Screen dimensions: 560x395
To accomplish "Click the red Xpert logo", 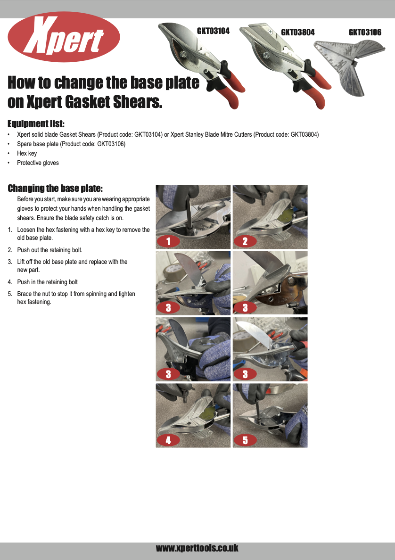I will point(64,37).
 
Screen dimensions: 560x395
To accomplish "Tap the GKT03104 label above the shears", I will point(213,31).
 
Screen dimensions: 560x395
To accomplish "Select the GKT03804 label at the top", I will point(297,32).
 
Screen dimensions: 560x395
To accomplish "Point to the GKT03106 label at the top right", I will point(365,32).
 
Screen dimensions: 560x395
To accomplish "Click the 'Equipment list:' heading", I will point(36,124).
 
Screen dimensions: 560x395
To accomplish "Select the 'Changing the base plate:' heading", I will point(55,189).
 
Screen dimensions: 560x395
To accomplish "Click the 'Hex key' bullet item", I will point(27,153).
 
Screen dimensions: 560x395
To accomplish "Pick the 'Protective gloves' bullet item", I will point(38,163).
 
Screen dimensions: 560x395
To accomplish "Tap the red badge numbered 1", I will point(168,242).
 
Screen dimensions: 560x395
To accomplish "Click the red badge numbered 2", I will point(245,242).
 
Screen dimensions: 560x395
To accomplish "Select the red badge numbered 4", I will point(168,440).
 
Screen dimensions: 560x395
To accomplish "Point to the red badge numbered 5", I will point(245,440).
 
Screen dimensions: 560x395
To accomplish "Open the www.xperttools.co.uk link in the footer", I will point(197,548).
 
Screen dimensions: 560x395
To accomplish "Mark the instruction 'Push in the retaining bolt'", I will point(47,282).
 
